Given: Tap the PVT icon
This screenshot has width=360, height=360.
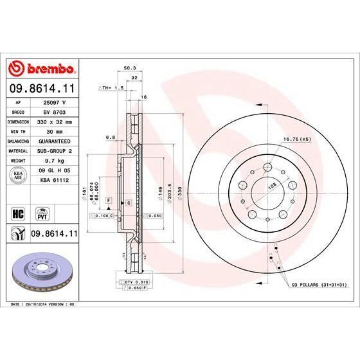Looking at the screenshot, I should pos(42,212).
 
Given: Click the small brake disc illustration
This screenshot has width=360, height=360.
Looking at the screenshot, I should pos(40,269).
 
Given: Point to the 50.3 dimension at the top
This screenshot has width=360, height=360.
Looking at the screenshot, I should pos(129,67).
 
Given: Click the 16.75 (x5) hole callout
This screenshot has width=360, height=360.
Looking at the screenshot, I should pos(297,139).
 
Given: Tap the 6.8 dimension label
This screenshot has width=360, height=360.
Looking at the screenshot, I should pos(110,136).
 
